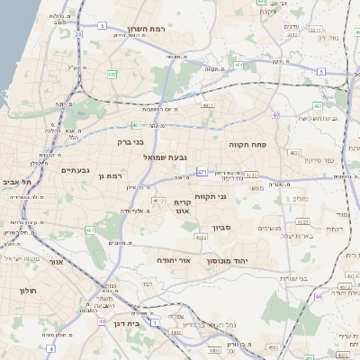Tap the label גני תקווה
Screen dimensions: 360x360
[235, 195]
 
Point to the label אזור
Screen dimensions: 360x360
[55, 263]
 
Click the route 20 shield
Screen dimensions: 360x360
[78, 34]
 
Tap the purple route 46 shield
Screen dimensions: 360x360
[319, 295]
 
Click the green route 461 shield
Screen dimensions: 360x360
[134, 125]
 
